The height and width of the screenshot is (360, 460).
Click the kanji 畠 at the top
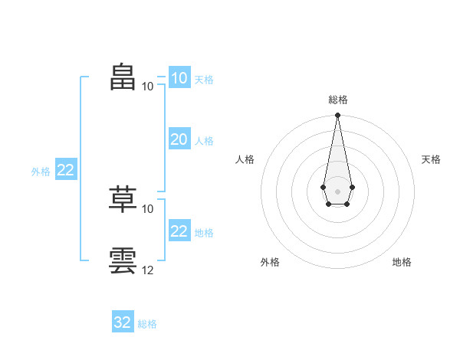coord(123,77)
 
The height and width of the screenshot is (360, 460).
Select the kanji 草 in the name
coord(123,199)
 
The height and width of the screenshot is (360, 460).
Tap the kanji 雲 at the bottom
coord(123,260)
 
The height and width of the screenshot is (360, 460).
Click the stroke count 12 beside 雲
coord(147,270)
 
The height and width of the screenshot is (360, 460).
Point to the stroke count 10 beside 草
coord(147,209)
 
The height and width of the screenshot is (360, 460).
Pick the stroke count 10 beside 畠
coord(147,87)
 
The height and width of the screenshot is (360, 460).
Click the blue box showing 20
coord(179,139)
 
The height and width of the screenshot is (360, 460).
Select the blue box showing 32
coord(123,321)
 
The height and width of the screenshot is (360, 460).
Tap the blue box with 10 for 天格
coord(179,77)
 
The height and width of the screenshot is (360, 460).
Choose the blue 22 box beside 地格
coord(179,230)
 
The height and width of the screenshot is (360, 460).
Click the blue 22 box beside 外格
coord(66,169)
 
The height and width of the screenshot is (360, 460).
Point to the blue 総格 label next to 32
coord(147,324)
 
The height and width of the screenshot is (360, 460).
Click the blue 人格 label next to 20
coord(204,141)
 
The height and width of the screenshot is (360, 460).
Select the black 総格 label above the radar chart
coord(338,100)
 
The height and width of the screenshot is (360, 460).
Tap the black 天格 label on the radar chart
coord(431,159)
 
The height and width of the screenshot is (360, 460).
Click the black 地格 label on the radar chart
coord(402,262)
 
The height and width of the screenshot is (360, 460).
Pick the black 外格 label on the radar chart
coord(270,262)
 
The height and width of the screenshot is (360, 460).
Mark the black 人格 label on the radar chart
coord(245,159)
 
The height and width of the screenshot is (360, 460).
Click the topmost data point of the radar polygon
coord(337,115)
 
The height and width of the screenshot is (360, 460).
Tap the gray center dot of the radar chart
coord(337,191)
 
